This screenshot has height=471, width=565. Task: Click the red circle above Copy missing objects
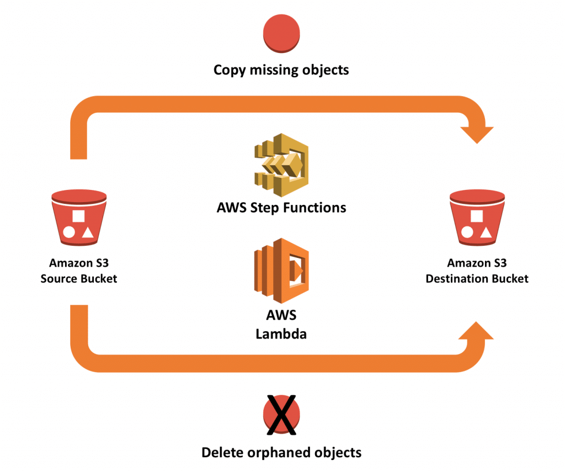coord(281,33)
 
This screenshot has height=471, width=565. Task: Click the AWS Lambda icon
coord(281,271)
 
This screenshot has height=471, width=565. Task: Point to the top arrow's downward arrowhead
coord(476,133)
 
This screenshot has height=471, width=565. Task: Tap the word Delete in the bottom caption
coord(221,453)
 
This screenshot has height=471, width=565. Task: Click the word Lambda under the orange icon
coord(281,334)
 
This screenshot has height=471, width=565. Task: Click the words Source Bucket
coord(79,278)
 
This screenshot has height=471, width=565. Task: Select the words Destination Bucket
coord(477,278)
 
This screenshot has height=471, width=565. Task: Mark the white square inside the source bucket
coord(79,215)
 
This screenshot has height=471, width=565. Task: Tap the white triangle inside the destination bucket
coord(486,232)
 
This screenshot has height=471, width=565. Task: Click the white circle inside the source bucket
coord(68,232)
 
